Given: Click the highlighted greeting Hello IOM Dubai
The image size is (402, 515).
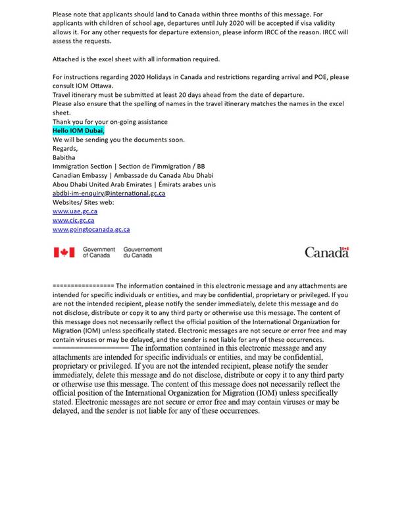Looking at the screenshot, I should [78, 130].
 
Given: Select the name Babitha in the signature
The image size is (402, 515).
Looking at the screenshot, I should [64, 157].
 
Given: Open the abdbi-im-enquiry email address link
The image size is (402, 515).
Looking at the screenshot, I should [109, 193].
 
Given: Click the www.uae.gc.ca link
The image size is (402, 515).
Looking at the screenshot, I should [75, 211].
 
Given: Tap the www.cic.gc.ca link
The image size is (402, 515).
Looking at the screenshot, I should [73, 221].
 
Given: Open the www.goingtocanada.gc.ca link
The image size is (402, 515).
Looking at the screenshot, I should [91, 229].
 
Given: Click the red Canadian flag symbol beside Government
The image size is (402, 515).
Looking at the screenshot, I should [64, 252].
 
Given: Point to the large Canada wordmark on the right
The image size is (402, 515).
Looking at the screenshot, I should [327, 252].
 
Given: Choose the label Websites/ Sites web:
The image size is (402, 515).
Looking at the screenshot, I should [83, 202].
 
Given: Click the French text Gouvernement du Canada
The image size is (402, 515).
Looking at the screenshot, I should [143, 252].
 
